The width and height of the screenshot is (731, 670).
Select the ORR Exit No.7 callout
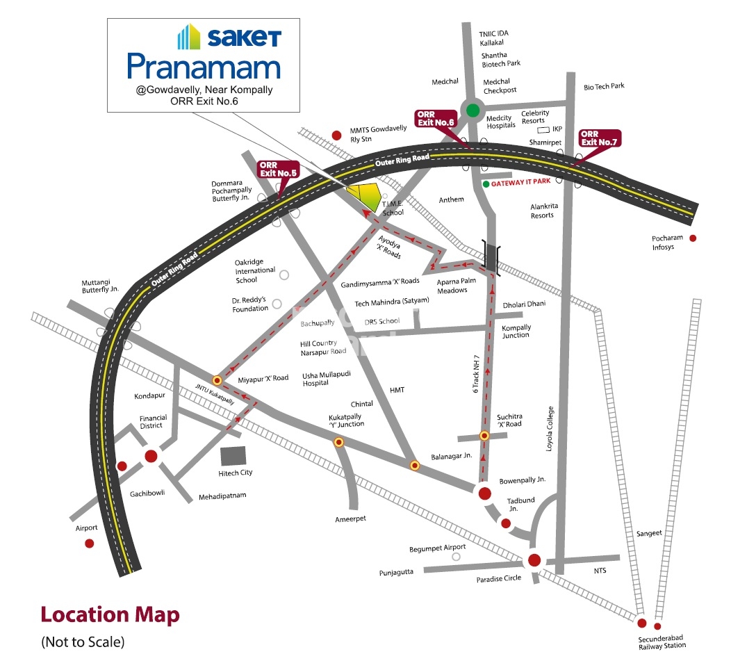tap(599, 138)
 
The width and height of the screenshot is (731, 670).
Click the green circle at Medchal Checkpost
tap(473, 110)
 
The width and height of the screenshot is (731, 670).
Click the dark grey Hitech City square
tap(233, 456)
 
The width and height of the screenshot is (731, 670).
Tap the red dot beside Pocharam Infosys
tap(692, 238)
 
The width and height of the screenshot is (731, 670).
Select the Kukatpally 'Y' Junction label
tap(346, 420)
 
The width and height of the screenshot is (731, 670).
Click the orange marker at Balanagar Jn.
tap(415, 466)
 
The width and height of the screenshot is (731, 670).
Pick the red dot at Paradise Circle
tap(534, 560)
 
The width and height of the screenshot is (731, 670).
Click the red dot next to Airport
tap(89, 544)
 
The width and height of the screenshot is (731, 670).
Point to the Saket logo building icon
tap(190, 37)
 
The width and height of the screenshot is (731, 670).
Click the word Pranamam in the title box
tap(204, 67)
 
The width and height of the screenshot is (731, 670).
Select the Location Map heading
tap(110, 614)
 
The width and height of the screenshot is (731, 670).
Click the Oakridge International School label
tap(255, 270)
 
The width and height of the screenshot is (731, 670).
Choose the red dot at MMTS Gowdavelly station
tap(336, 135)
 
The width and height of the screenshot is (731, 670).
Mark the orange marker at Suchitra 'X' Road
tap(484, 436)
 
